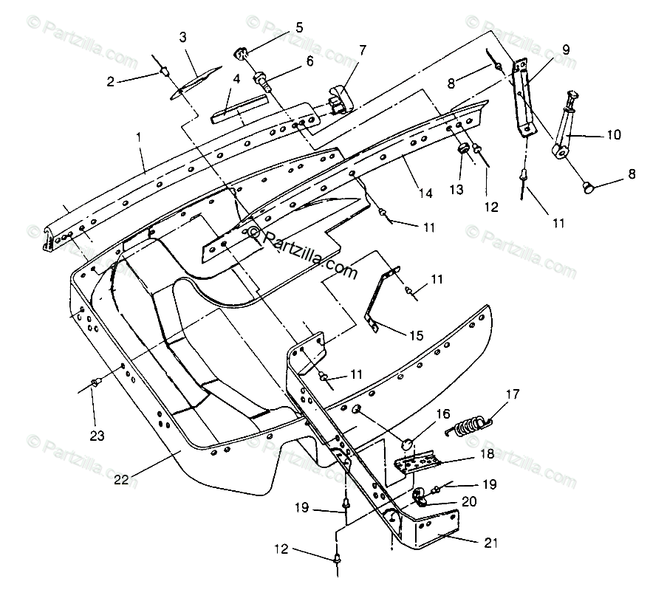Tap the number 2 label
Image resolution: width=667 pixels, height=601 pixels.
pyautogui.click(x=111, y=82)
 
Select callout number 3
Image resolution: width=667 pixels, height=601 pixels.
pyautogui.click(x=182, y=36)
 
